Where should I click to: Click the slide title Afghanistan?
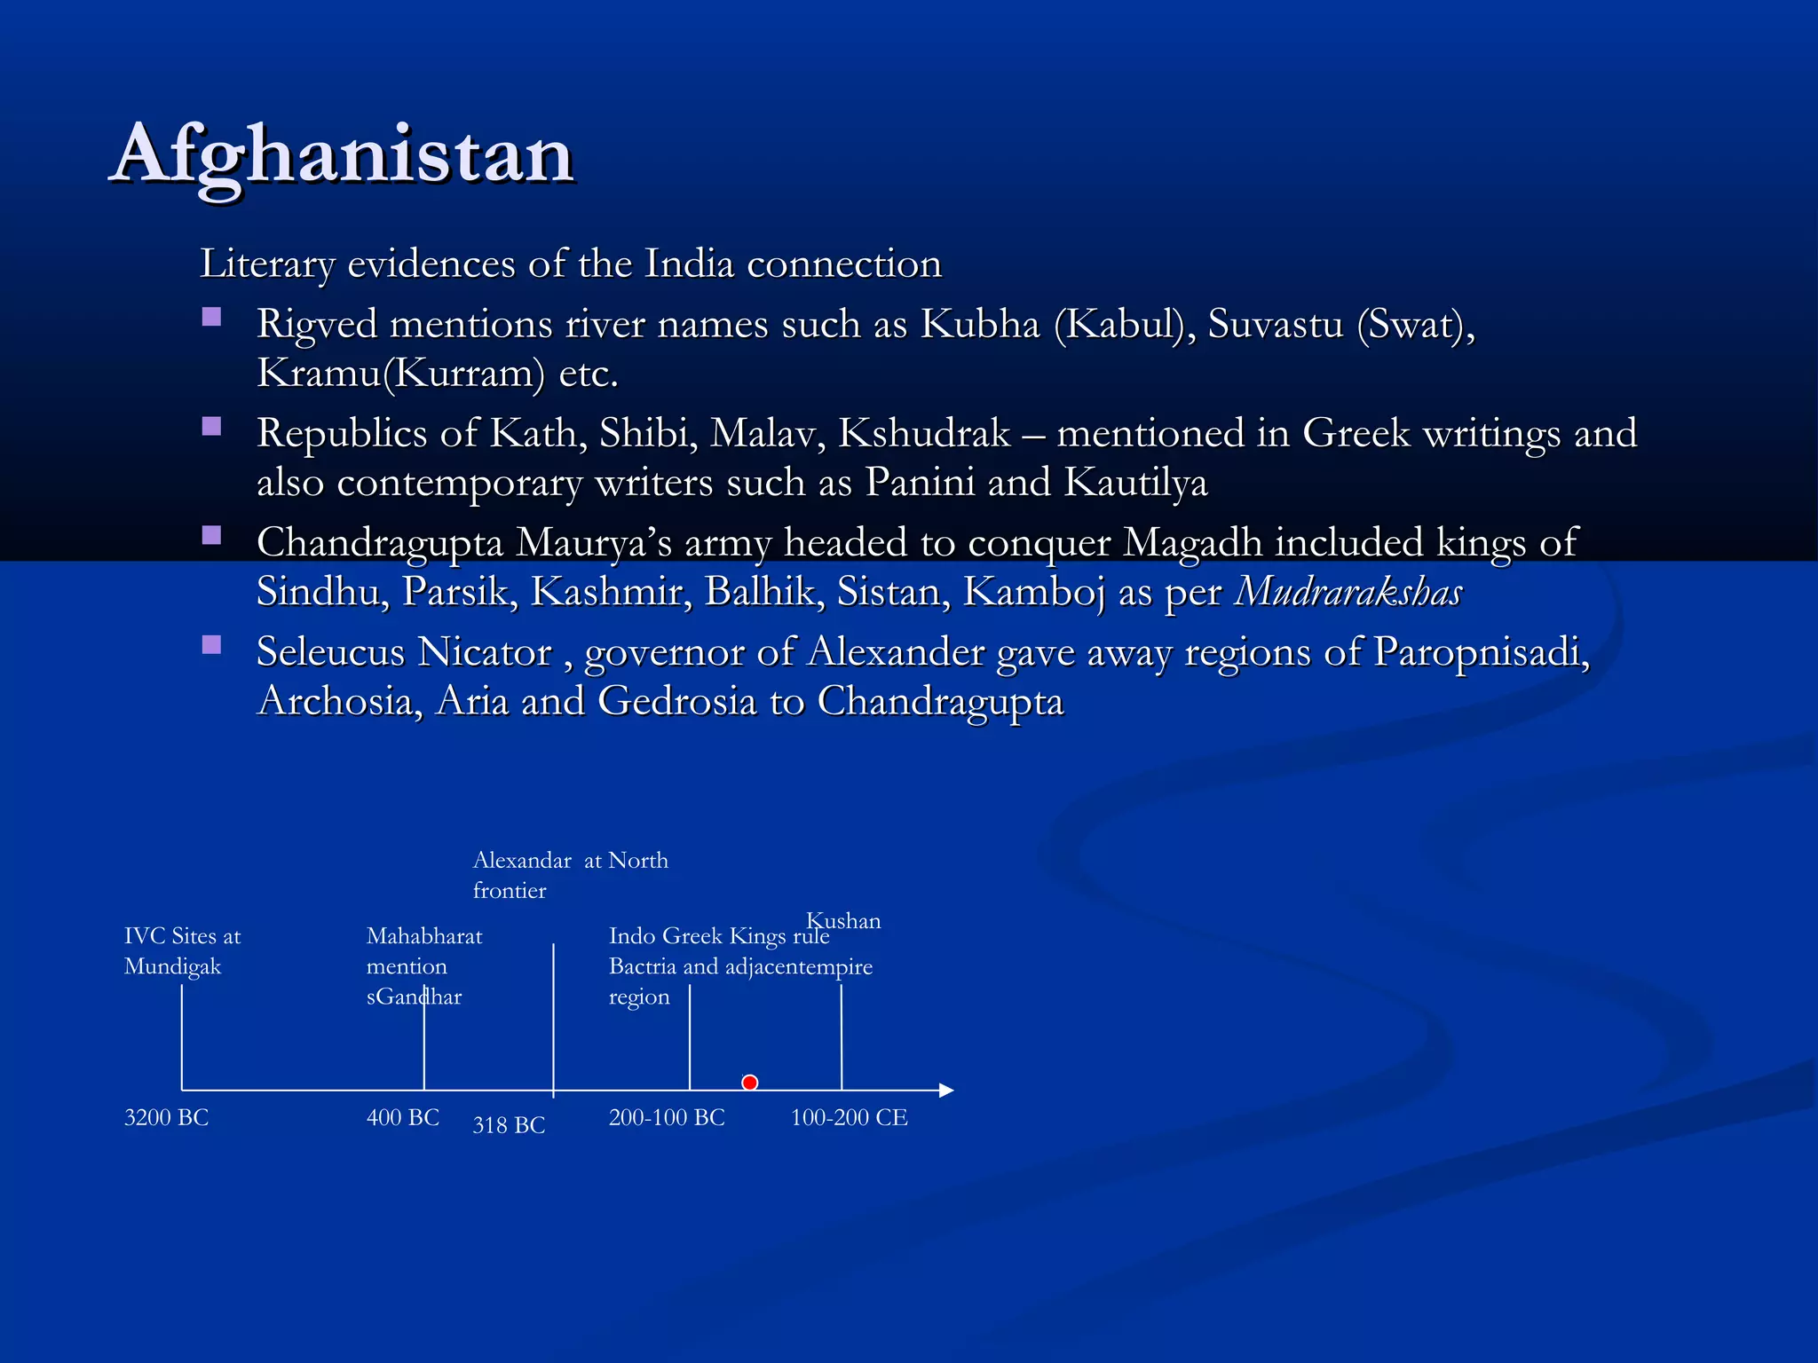pos(344,154)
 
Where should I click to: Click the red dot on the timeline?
pos(750,1083)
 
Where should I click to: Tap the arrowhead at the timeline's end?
pos(946,1091)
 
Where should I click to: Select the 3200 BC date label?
pos(166,1117)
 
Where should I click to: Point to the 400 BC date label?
pos(403,1117)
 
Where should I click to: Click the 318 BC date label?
pos(509,1125)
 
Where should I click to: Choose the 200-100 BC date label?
pos(667,1117)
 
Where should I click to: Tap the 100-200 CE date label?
pos(849,1117)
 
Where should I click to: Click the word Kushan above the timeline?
pos(843,920)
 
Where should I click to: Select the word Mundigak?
pos(172,966)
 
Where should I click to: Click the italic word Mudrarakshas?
pos(1348,592)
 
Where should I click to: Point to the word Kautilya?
pos(1135,483)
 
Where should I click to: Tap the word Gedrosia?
pos(677,701)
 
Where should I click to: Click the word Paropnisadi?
pos(1481,652)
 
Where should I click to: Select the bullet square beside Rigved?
pos(211,317)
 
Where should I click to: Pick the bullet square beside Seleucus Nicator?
pos(211,645)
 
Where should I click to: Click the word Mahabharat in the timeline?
pos(424,936)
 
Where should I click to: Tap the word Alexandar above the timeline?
pos(522,860)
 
